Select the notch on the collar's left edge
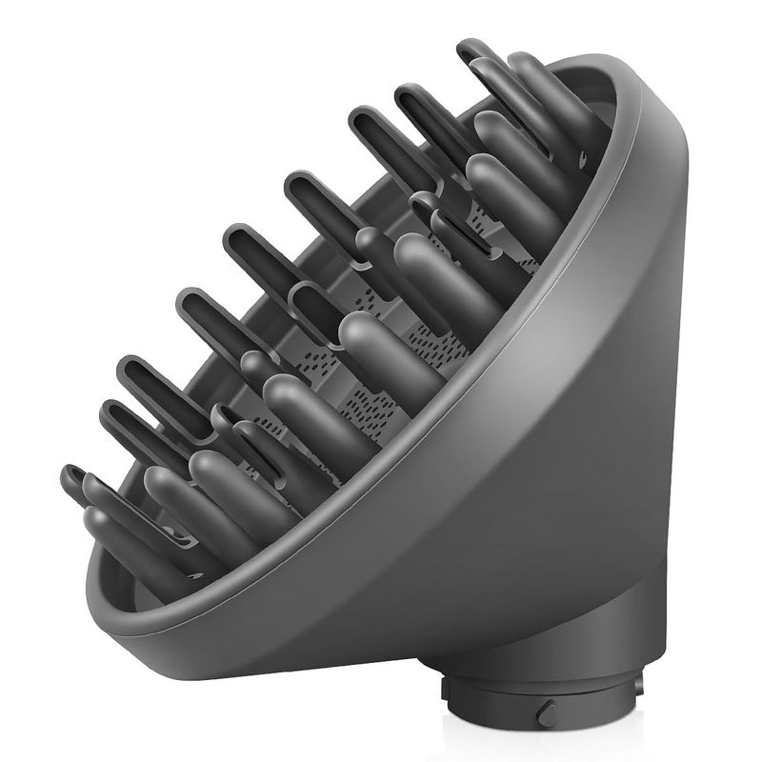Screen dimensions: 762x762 click(448, 688)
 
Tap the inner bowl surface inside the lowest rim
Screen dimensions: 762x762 click(143, 581)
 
